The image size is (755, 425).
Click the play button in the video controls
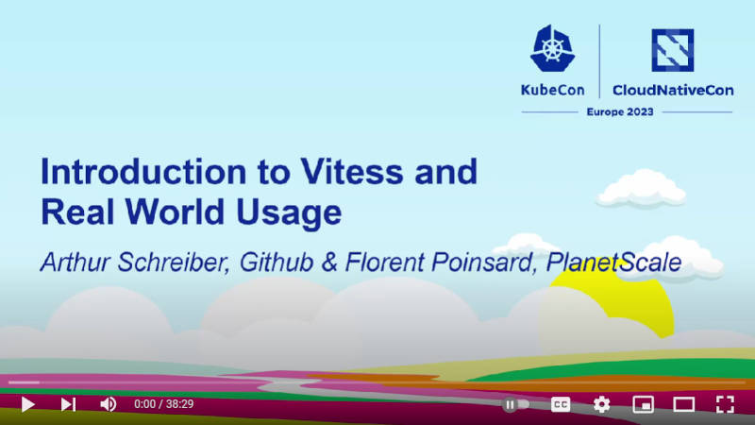(x=28, y=404)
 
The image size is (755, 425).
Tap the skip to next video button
(x=68, y=404)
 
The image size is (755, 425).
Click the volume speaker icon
(x=108, y=404)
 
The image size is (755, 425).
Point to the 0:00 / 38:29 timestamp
(x=163, y=404)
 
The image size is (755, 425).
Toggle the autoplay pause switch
(x=515, y=404)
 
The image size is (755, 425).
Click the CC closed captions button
(x=561, y=404)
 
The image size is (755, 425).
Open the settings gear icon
(x=601, y=404)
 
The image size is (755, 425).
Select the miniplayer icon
(x=643, y=404)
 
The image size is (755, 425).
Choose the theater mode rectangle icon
(x=683, y=404)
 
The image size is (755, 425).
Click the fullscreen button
(x=725, y=404)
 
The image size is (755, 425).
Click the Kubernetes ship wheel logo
(x=552, y=49)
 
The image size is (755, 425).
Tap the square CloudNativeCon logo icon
(x=673, y=50)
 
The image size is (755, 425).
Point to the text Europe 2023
(x=620, y=111)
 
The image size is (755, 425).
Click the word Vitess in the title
(x=351, y=172)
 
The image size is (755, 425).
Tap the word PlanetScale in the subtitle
(x=614, y=263)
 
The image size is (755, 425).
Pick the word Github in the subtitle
(x=277, y=263)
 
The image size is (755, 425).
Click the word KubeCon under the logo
(x=553, y=90)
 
